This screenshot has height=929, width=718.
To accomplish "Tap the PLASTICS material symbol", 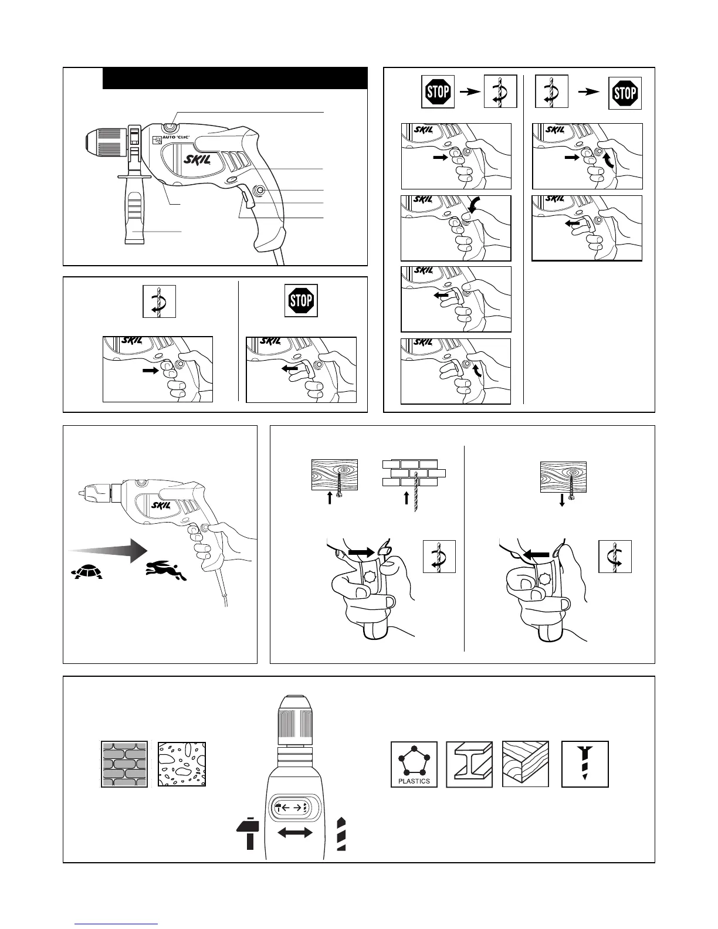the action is [414, 764].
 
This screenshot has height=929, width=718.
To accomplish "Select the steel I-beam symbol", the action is [469, 764].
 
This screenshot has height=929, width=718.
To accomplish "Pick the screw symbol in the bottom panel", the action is [585, 764].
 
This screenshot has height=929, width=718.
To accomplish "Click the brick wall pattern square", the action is [124, 764].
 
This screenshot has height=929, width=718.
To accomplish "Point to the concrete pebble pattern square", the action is [182, 764].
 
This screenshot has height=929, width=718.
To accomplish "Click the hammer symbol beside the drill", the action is [248, 833].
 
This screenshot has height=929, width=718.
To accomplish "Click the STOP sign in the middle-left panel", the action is [301, 301].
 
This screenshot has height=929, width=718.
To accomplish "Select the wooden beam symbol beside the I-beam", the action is [526, 764].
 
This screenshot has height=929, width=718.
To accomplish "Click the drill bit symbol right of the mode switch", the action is [341, 833].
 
